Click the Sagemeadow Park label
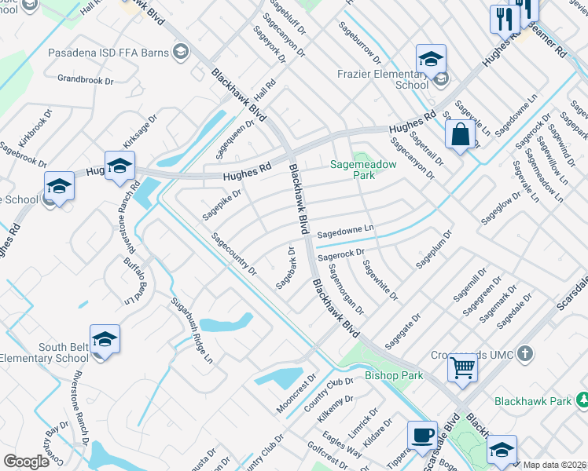point(363,170)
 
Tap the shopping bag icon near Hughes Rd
point(460,134)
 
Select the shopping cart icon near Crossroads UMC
point(463,367)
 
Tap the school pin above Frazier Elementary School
point(430,59)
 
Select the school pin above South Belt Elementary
point(105,339)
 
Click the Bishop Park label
point(394,375)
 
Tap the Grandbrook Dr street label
point(86,79)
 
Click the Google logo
point(26,462)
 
